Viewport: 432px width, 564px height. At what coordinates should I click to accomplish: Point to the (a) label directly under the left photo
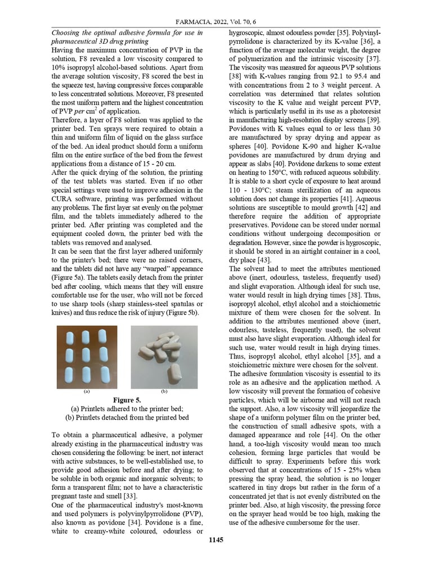pyautogui.click(x=87, y=391)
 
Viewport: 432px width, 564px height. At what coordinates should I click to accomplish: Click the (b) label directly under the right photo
pyautogui.click(x=164, y=391)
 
